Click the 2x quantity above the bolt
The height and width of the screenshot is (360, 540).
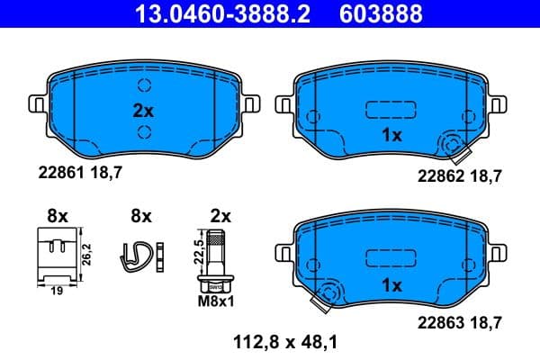[x=220, y=216]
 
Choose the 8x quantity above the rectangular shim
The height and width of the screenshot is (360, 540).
[x=58, y=216]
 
